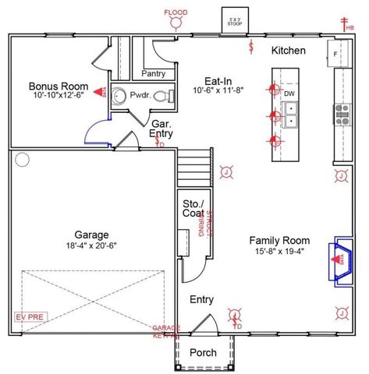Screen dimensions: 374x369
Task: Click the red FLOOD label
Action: [176, 12]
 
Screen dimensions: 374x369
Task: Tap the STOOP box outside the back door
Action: [234, 20]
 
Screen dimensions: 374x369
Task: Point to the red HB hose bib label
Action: [349, 28]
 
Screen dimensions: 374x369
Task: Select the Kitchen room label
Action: [288, 51]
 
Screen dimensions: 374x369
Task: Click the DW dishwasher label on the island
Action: [289, 93]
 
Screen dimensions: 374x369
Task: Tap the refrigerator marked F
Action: [335, 55]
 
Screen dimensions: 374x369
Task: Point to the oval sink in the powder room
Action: [118, 97]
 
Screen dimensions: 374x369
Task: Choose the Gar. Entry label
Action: [161, 129]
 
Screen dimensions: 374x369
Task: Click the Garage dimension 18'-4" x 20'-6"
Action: [91, 245]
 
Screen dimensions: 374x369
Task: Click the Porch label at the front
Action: [204, 353]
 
